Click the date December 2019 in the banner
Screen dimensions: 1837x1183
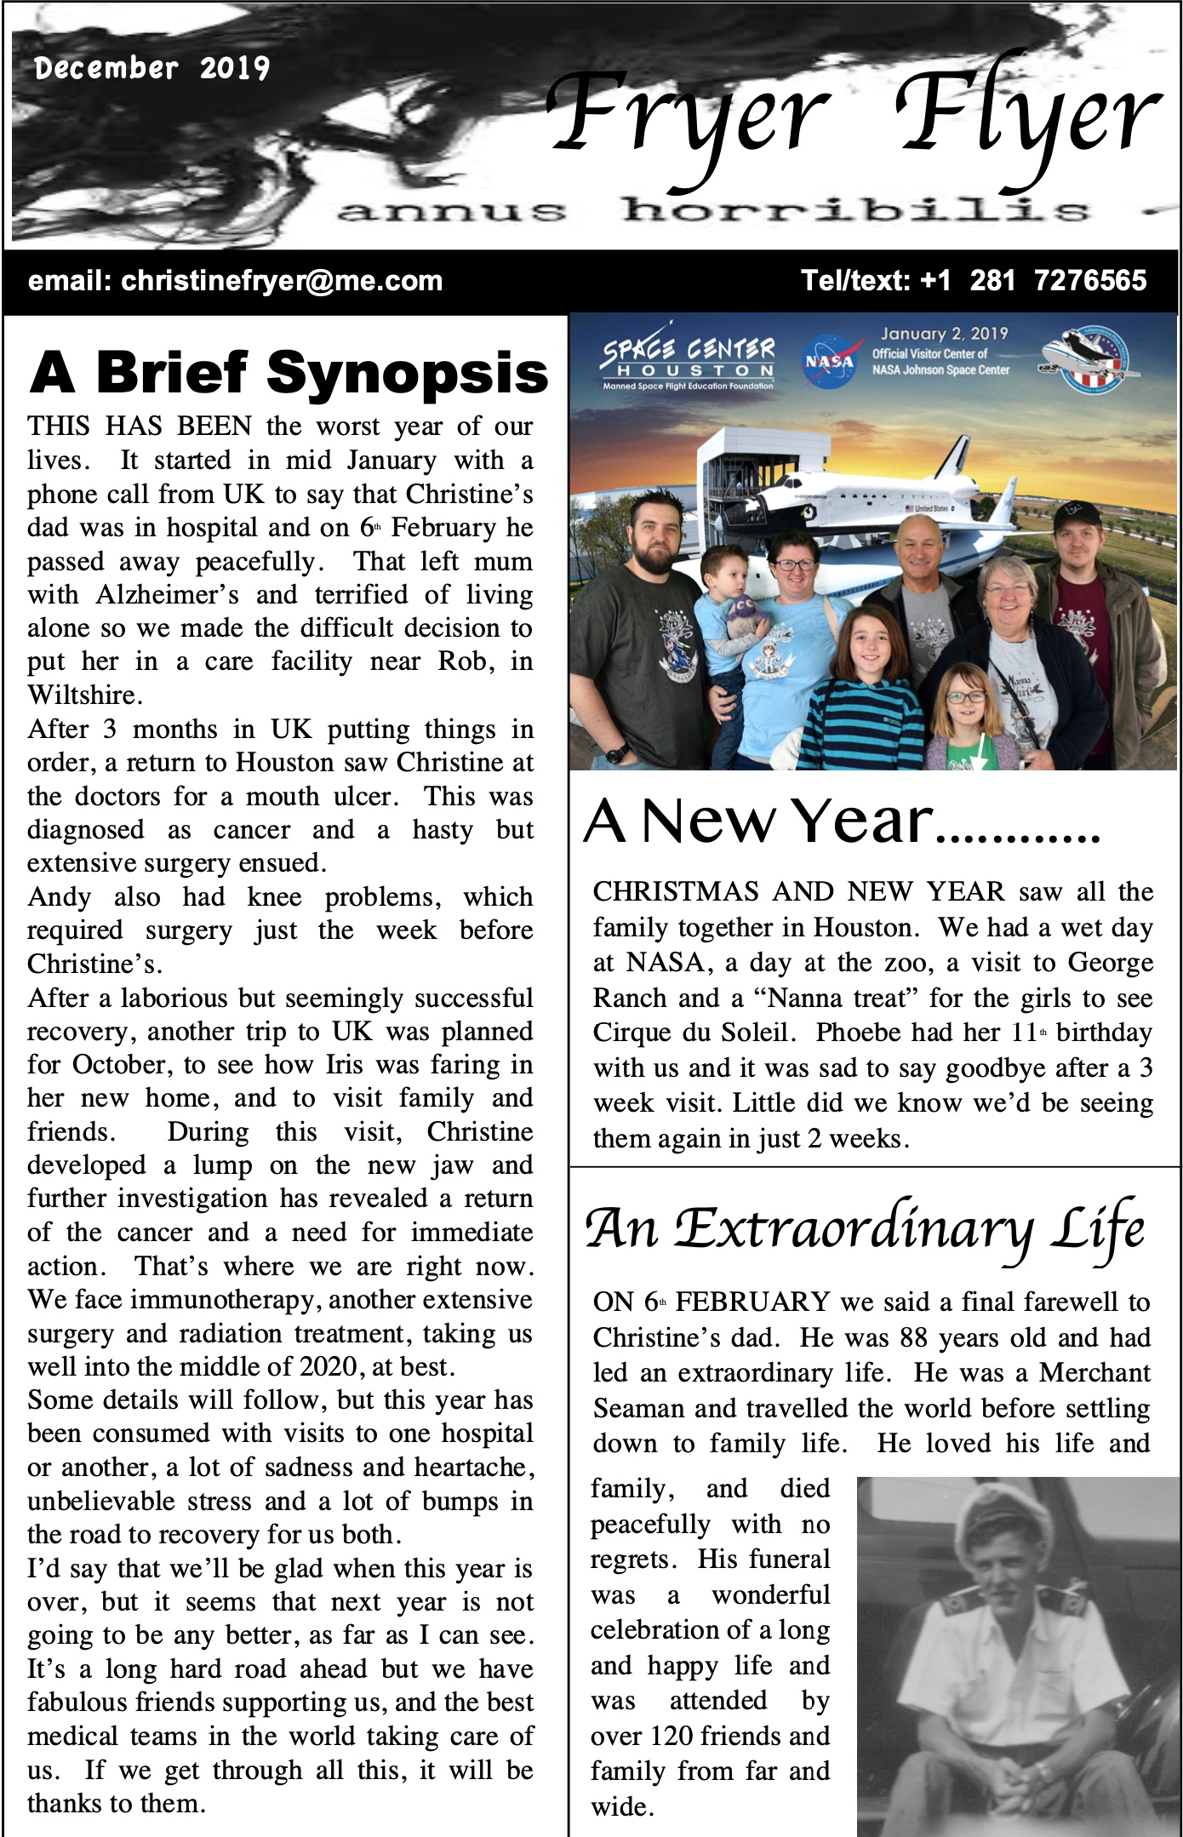coord(151,68)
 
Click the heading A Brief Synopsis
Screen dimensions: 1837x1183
coord(289,373)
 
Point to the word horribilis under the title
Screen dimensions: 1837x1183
coord(854,210)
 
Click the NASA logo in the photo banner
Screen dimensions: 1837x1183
coord(829,362)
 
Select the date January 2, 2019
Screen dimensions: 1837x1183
coord(944,334)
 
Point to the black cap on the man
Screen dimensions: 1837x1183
coord(1077,514)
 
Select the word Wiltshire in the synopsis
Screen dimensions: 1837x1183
coord(83,695)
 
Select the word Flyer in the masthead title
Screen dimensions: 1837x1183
coord(1026,115)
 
